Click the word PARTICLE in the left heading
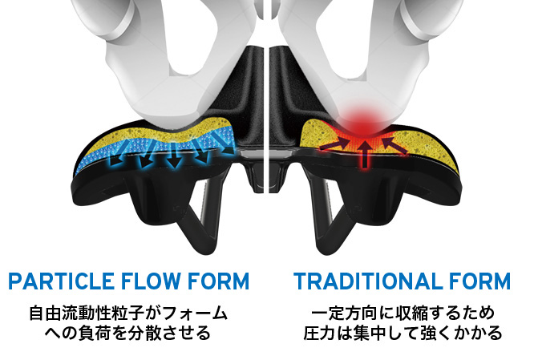click(62, 281)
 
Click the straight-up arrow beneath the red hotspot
click(365, 154)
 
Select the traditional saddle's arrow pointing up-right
click(334, 145)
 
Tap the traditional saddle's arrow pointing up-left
click(394, 145)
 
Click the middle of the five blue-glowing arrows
click(175, 156)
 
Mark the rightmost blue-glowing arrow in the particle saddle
click(224, 143)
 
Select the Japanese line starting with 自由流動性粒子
click(128, 313)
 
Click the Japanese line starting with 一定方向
click(403, 313)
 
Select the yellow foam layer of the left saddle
click(112, 139)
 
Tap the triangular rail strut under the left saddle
click(201, 218)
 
